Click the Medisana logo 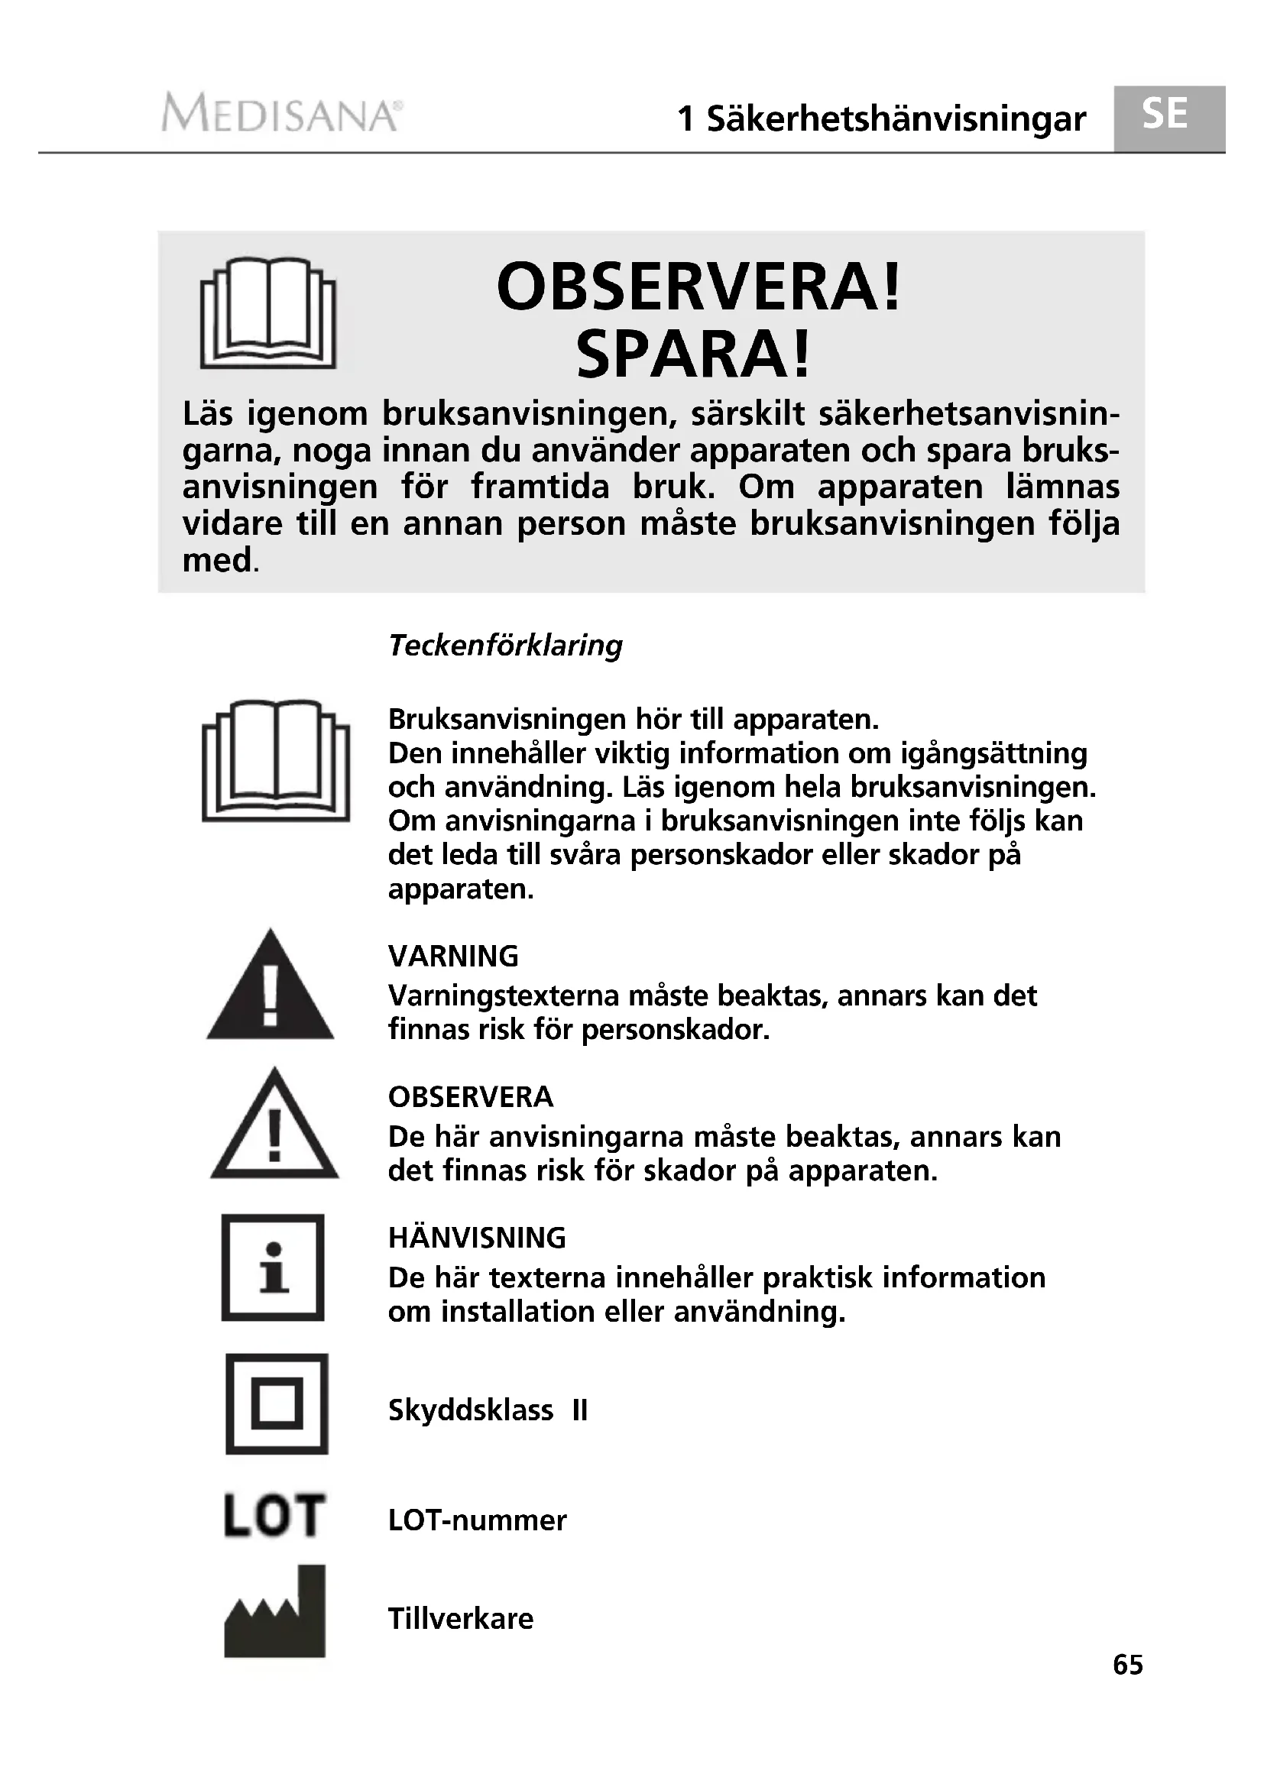click(x=282, y=114)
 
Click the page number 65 click(x=1128, y=1665)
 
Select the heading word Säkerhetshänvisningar click(x=895, y=119)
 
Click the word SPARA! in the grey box click(x=692, y=355)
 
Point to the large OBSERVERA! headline click(x=698, y=287)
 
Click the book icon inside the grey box click(x=267, y=313)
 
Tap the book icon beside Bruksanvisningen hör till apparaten click(x=276, y=760)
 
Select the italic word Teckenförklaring click(x=505, y=646)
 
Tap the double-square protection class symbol click(x=277, y=1404)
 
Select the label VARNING click(x=453, y=957)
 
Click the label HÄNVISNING click(x=476, y=1238)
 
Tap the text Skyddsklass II click(x=488, y=1410)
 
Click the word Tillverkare click(x=461, y=1619)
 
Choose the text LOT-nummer click(x=477, y=1520)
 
